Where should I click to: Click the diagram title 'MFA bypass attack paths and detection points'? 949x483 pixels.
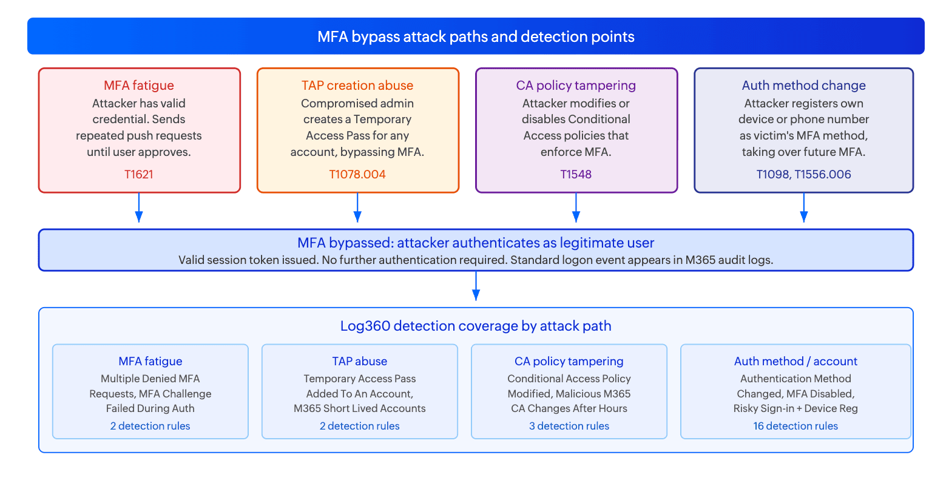tap(476, 37)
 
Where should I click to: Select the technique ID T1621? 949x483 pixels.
tap(138, 174)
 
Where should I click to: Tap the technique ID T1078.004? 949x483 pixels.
tap(357, 174)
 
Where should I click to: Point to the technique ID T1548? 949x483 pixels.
tap(576, 174)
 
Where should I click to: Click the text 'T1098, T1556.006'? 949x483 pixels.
tap(804, 174)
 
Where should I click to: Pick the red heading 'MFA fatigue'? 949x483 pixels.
tap(138, 86)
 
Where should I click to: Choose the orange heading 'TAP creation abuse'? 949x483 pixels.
tap(357, 86)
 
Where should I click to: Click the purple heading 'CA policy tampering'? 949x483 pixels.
tap(576, 86)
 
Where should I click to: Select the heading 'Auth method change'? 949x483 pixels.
tap(804, 86)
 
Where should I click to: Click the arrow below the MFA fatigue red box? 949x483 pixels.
tap(138, 208)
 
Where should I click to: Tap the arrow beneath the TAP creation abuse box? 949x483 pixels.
tap(357, 208)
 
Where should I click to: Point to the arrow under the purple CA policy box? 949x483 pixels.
tap(576, 208)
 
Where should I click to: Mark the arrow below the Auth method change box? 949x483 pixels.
tap(804, 208)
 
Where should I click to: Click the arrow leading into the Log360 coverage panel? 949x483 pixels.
tap(476, 286)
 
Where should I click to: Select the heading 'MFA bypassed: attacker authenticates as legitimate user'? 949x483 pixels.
tap(476, 243)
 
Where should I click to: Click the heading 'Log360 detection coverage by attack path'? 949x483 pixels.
tap(476, 326)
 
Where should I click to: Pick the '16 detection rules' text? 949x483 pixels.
tap(795, 426)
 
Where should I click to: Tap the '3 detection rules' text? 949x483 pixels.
tap(569, 426)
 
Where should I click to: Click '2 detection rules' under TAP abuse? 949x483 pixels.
tap(359, 426)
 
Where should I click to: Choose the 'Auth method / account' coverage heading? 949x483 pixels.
tap(795, 361)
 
